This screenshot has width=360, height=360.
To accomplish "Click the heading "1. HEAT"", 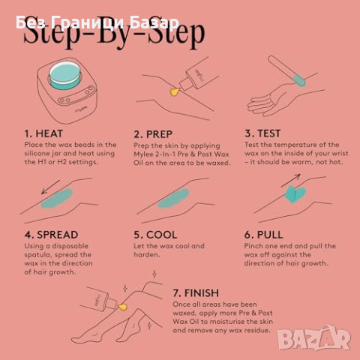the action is pos(43,133).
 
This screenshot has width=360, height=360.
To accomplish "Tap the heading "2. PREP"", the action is pos(153,134).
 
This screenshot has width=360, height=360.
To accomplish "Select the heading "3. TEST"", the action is pos(262,133).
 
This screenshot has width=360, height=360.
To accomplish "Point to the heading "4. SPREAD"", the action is pos(51,235).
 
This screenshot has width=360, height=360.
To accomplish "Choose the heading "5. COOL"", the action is pos(155,235).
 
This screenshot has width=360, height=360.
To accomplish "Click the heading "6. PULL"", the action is pos(263,235).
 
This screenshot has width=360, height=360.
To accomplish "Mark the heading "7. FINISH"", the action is pos(196,293).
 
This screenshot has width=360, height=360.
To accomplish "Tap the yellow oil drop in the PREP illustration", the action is pos(175,91).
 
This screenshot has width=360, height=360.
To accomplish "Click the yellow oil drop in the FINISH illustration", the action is pos(122,307).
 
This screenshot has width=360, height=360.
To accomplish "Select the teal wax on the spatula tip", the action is pos(299,80).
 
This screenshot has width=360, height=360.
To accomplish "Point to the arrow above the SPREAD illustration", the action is pos(50,187).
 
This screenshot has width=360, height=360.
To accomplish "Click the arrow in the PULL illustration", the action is pos(290,181).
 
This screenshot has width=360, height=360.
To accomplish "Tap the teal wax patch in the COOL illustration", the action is pos(173,199).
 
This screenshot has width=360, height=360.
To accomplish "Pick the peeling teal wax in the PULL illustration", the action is pos(295,193).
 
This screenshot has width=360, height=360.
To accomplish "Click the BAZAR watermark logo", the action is pos(314,337).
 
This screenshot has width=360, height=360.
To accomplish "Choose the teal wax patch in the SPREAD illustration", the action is pos(57,199).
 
